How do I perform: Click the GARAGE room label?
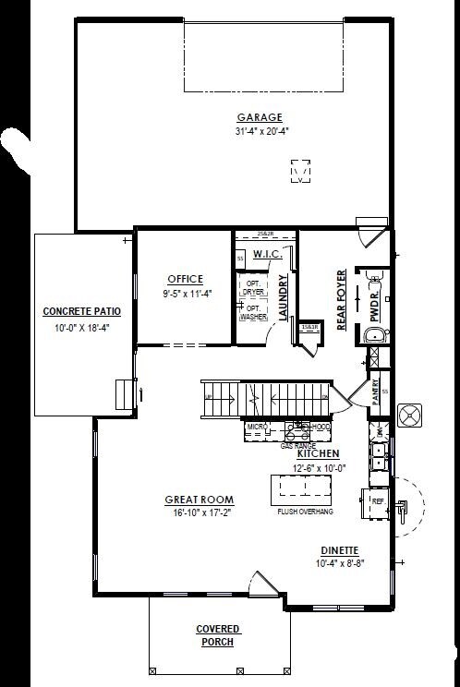tap(260, 117)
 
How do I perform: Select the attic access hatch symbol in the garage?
tap(300, 173)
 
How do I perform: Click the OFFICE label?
tap(185, 280)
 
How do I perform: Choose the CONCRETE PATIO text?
tap(81, 311)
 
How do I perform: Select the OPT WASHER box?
tap(252, 312)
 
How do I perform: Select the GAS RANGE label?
tap(297, 445)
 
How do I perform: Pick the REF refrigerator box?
tap(378, 502)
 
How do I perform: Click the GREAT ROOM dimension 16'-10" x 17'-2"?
tap(197, 512)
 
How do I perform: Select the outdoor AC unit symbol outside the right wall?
tap(410, 416)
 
